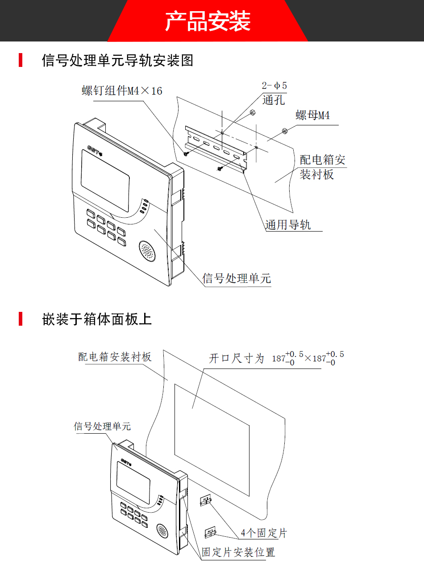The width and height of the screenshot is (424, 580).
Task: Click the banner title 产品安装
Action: [208, 21]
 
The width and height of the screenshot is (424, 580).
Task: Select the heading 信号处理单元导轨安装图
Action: [117, 60]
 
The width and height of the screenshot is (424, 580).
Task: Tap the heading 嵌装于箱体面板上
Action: [97, 319]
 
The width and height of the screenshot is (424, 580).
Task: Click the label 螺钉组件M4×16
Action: [122, 91]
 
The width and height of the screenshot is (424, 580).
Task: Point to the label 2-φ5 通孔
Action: [274, 93]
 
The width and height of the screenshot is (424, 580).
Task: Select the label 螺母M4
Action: [312, 116]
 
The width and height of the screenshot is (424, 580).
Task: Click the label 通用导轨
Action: [288, 225]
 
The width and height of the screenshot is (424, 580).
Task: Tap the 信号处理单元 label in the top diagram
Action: [237, 278]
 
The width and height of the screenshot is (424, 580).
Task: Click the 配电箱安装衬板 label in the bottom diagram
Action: [115, 357]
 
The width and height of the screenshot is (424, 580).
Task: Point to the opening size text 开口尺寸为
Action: [237, 358]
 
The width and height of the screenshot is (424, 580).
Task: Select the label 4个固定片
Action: [263, 533]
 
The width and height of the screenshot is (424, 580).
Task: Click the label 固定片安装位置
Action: [238, 552]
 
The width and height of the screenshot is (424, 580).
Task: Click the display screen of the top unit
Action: [105, 180]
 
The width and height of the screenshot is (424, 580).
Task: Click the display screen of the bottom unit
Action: [133, 483]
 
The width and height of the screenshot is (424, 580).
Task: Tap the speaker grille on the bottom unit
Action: [162, 531]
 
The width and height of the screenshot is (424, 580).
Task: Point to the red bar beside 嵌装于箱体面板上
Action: [21, 319]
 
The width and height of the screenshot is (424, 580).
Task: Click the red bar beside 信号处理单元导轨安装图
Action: [21, 60]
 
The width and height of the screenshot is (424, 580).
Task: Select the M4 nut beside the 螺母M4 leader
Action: [284, 131]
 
